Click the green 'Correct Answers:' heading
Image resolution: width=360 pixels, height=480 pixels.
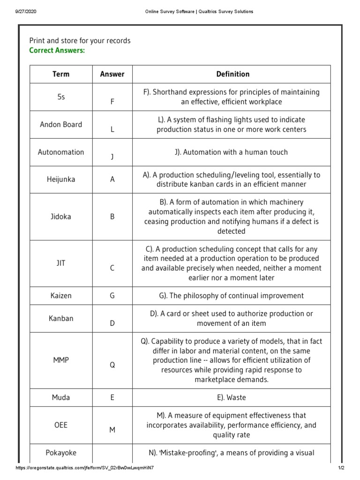point(57,51)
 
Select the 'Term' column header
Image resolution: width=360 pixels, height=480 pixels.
point(61,74)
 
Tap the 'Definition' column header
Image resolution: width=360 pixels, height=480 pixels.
point(232,74)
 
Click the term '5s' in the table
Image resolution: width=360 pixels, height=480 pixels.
point(61,97)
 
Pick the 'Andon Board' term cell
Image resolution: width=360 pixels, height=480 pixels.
point(61,125)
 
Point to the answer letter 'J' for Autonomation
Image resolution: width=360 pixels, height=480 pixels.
point(112,157)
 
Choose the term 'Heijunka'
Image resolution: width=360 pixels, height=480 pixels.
point(61,180)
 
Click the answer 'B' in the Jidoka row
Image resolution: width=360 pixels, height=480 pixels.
point(112,217)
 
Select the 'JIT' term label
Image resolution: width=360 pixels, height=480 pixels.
point(61,263)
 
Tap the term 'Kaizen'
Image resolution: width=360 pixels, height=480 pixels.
point(61,296)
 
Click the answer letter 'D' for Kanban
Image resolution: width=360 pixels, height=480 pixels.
point(112,323)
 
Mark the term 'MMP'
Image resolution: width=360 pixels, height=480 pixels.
point(61,360)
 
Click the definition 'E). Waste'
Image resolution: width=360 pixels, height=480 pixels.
point(232,397)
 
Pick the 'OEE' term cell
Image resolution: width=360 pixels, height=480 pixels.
point(61,425)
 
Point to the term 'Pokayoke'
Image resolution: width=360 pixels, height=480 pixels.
point(61,453)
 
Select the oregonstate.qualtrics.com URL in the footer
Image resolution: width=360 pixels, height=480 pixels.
point(84,468)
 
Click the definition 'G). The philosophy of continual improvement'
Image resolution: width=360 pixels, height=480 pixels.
point(232,296)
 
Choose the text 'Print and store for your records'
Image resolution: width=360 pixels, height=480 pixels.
point(80,41)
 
